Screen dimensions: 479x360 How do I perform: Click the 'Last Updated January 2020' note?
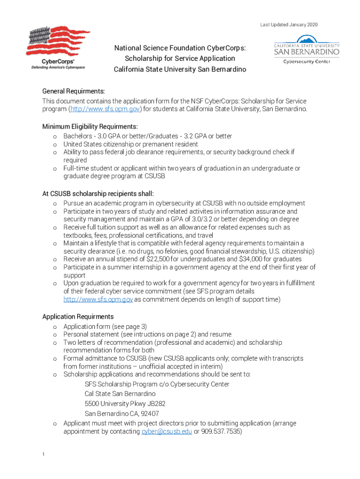point(289,24)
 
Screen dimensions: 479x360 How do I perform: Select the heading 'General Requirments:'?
point(73,91)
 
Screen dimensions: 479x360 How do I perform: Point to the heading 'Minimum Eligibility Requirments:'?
point(90,127)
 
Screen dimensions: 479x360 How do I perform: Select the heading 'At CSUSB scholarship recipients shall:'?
point(98,194)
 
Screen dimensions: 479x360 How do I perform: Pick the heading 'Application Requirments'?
point(78,317)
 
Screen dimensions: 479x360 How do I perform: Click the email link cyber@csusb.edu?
point(166,432)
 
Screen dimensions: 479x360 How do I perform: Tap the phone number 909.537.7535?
point(221,432)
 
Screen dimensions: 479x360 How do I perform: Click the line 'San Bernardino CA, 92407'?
point(122,414)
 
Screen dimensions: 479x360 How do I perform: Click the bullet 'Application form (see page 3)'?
point(105,327)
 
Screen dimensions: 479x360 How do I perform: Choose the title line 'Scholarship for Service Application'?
point(180,58)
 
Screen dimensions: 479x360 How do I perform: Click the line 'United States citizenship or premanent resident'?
point(130,144)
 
